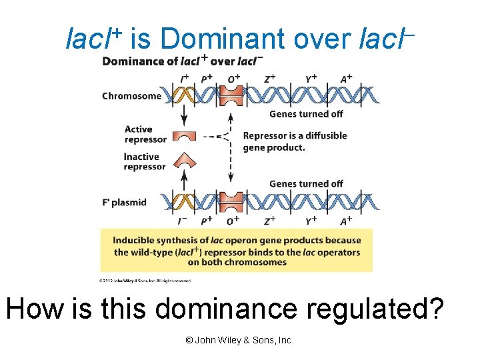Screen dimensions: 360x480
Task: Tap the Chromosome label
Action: pos(131,96)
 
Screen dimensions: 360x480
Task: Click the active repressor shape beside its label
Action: pos(184,136)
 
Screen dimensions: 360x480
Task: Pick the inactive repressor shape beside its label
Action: pos(184,162)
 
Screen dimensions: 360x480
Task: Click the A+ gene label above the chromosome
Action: pos(346,79)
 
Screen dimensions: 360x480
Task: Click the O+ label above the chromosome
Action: pos(233,79)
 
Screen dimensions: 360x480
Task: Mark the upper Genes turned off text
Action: pos(306,114)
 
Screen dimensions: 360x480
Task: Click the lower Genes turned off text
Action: pos(306,184)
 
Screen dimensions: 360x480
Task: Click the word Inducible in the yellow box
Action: pos(135,241)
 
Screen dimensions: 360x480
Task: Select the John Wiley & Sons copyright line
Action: pos(239,340)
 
